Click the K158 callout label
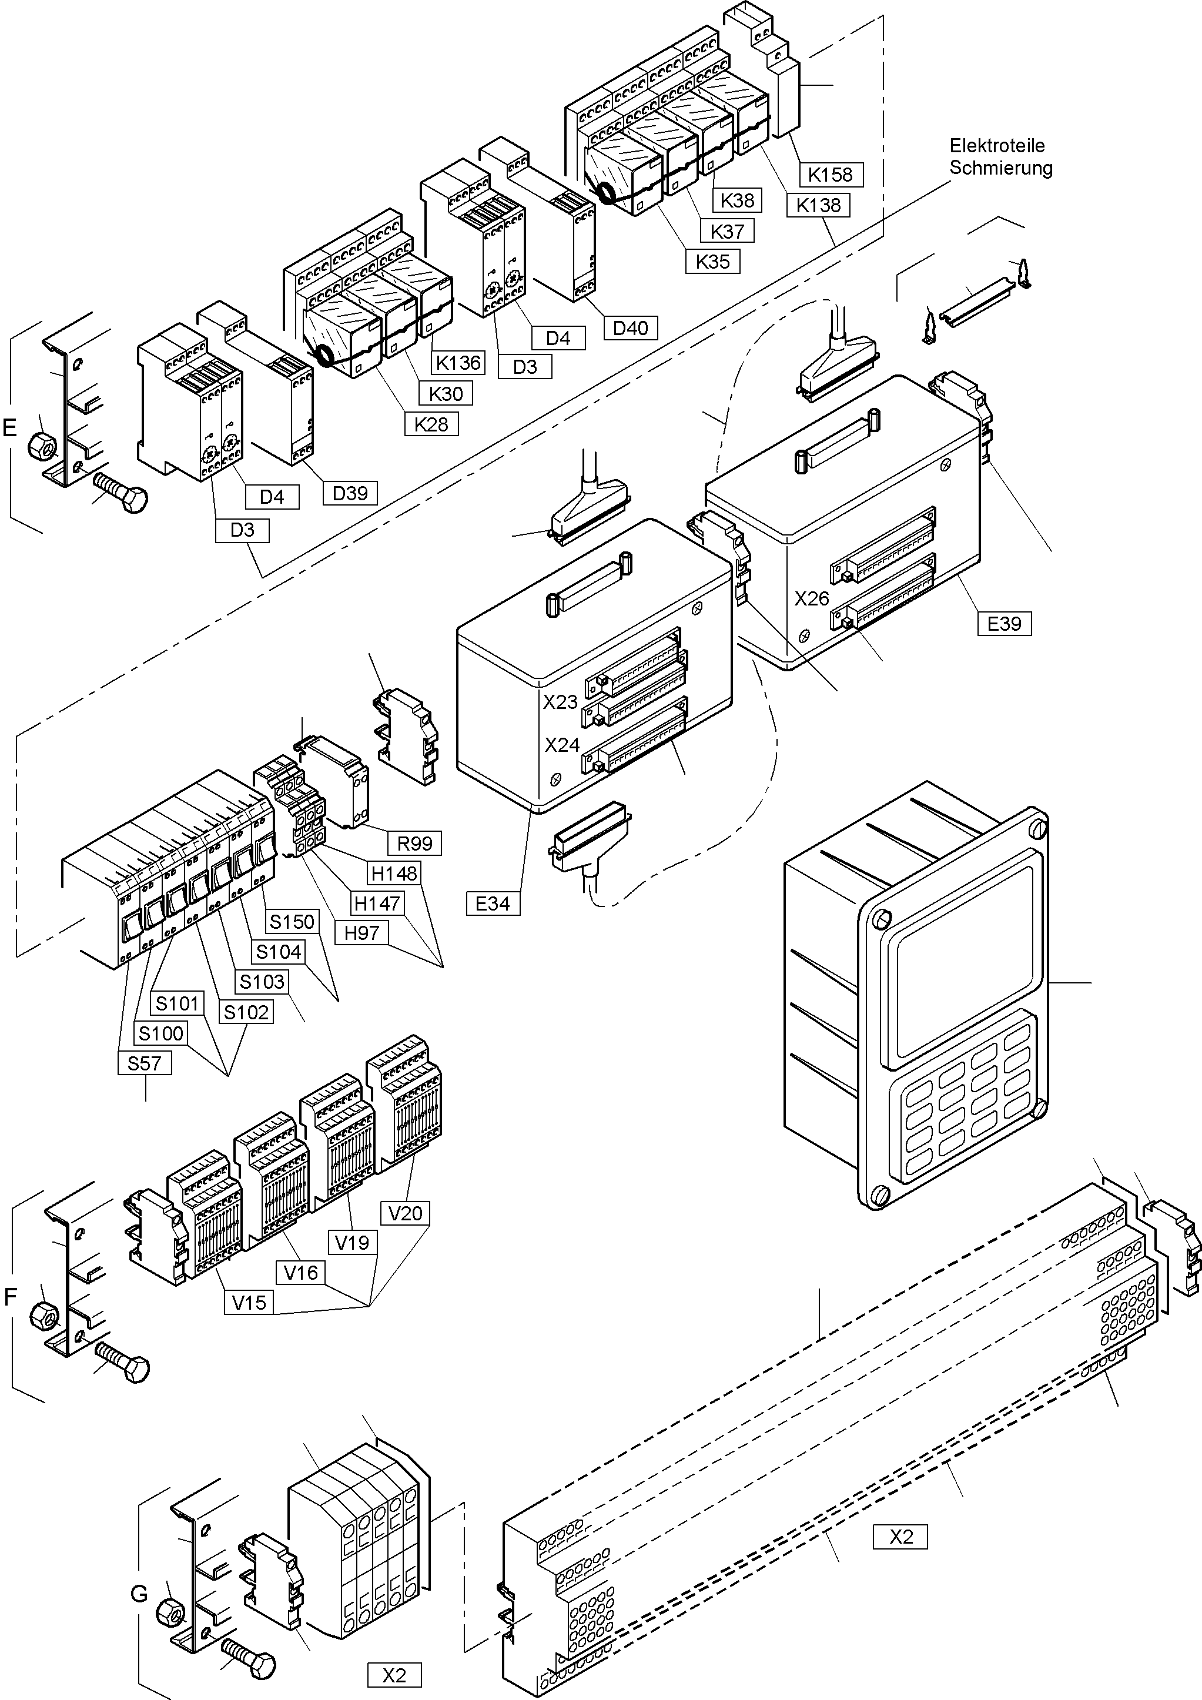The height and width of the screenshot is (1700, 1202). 831,175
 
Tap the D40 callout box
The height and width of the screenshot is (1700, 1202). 630,327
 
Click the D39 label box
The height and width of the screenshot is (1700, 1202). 350,493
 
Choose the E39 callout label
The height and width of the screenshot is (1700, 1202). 1004,624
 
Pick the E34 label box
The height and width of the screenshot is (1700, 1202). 493,903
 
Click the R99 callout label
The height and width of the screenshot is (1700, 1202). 414,844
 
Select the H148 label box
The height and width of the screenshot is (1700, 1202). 394,874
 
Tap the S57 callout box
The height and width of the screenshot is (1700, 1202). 145,1064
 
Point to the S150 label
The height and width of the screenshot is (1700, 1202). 292,922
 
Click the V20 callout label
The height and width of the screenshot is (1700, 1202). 405,1213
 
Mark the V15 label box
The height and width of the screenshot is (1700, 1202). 249,1303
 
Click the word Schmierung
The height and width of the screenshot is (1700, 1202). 1000,168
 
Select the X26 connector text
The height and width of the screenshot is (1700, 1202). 811,599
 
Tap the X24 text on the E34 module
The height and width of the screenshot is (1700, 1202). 562,745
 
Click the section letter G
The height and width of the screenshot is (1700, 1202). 139,1594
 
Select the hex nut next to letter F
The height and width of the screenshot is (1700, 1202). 43,1316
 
